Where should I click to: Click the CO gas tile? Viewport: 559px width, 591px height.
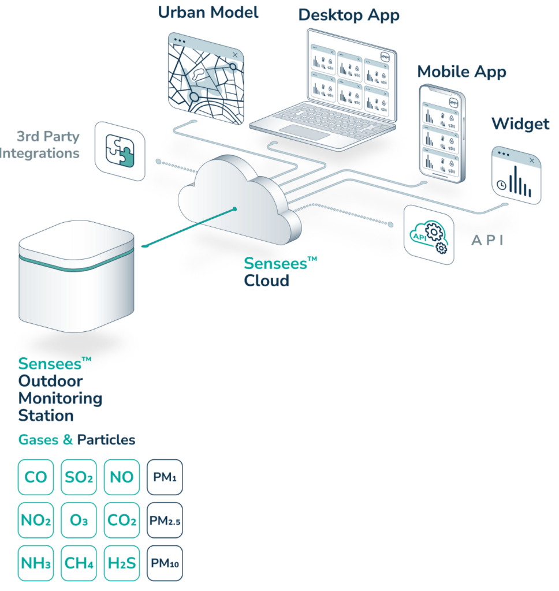[35, 477]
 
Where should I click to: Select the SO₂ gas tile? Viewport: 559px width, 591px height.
[79, 477]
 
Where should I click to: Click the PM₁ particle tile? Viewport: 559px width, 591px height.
[165, 477]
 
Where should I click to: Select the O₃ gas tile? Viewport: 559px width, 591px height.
[79, 520]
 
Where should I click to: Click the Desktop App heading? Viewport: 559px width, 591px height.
[349, 15]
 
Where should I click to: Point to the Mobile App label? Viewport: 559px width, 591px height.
[461, 72]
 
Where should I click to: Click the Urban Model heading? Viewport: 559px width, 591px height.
[208, 12]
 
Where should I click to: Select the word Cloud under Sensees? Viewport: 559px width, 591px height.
[266, 280]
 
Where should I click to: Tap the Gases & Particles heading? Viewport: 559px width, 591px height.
[76, 440]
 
